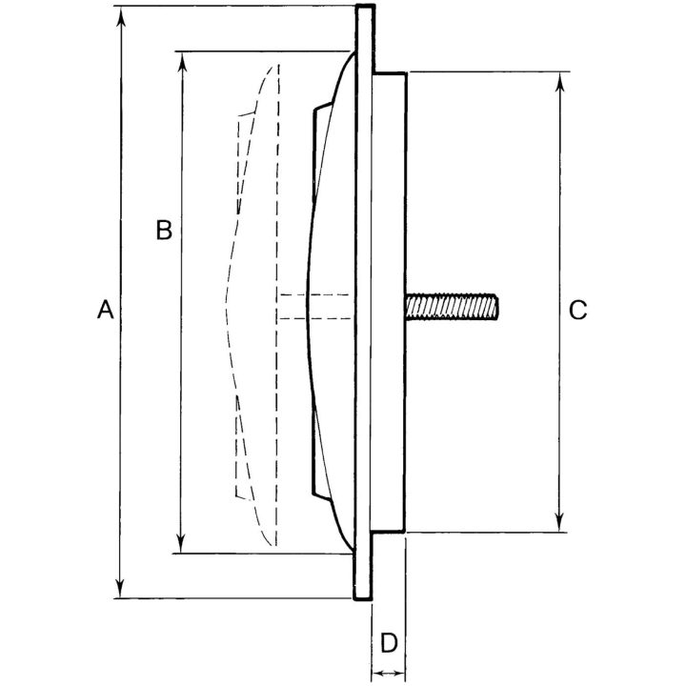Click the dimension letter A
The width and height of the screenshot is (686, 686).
(106, 310)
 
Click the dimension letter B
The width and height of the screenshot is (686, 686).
(164, 231)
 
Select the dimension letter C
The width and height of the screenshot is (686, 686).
(577, 311)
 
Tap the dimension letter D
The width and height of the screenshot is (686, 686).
(389, 643)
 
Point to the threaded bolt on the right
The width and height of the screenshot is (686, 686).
(452, 307)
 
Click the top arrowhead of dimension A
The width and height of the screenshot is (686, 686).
(121, 16)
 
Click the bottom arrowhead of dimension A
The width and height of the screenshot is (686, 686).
(121, 587)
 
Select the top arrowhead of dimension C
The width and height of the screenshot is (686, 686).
(560, 82)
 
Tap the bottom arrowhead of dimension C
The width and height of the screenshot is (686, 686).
(559, 521)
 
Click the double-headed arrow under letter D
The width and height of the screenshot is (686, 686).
(389, 674)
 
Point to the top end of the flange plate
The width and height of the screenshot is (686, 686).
(365, 6)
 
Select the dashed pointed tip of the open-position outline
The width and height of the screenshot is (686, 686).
(226, 298)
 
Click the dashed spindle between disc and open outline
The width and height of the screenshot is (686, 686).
(313, 306)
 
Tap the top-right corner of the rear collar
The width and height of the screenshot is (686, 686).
(407, 73)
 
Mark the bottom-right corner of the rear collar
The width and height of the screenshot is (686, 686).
(405, 531)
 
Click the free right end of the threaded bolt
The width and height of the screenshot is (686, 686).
(497, 307)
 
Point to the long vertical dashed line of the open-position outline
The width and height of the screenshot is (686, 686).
(277, 305)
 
